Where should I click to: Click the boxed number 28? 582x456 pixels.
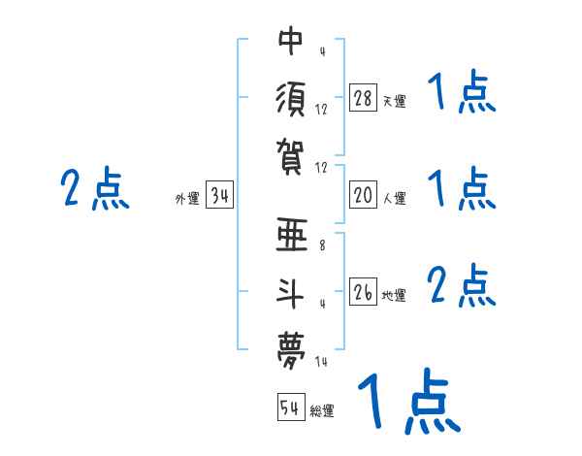pyautogui.click(x=363, y=98)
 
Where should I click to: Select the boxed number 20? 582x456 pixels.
pyautogui.click(x=363, y=195)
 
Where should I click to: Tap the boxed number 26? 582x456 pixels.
pyautogui.click(x=363, y=292)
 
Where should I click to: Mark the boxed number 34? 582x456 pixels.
pyautogui.click(x=219, y=196)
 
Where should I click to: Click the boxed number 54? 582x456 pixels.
pyautogui.click(x=290, y=407)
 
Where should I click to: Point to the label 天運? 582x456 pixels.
pyautogui.click(x=394, y=101)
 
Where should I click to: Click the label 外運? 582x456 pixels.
pyautogui.click(x=186, y=199)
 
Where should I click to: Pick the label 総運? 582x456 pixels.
pyautogui.click(x=322, y=410)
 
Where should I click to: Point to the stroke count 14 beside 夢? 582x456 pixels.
pyautogui.click(x=322, y=361)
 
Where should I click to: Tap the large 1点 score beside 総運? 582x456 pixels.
pyautogui.click(x=408, y=400)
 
